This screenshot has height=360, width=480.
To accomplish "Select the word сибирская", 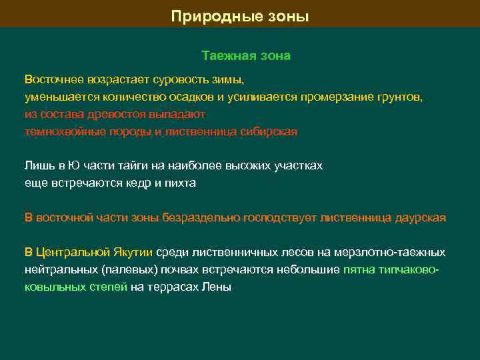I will click(269, 131).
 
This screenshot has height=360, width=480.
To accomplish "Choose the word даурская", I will click(419, 217).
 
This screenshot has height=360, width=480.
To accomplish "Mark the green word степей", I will click(109, 287).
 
